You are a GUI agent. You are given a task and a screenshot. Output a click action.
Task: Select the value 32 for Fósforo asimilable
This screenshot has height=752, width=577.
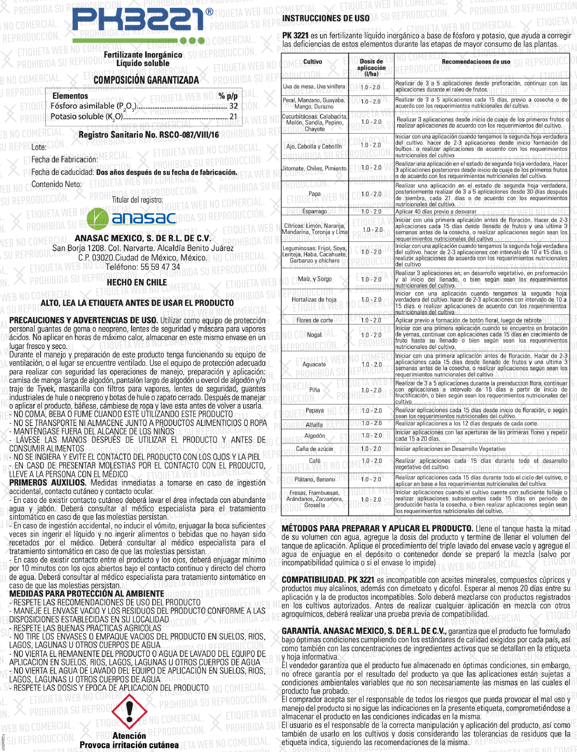(x=234, y=106)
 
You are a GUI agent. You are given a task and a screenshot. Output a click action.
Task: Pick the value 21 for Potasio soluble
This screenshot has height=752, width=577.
(x=234, y=117)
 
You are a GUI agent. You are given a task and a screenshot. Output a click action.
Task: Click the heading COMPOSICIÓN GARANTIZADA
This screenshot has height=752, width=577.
(x=146, y=80)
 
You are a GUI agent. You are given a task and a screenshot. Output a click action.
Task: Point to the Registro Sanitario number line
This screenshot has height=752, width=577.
(x=148, y=135)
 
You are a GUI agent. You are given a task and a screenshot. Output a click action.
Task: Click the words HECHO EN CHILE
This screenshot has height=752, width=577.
(x=137, y=283)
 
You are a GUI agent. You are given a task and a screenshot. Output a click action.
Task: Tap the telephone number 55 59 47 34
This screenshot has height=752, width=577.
(x=143, y=267)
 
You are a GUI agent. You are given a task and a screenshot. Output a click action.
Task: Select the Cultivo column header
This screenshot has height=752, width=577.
(x=312, y=62)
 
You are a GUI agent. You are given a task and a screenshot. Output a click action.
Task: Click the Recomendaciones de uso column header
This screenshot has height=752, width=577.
(x=476, y=62)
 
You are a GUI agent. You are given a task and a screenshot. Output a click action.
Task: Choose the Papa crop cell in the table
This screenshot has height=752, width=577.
(x=315, y=194)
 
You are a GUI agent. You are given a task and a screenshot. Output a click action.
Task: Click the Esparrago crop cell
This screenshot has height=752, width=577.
(x=315, y=211)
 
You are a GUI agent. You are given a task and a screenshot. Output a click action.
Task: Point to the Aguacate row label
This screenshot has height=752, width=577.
(x=314, y=365)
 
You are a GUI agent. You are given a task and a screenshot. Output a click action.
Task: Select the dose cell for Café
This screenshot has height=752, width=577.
(x=371, y=461)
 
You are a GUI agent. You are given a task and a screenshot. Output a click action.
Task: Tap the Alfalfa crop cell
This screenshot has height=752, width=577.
(x=314, y=425)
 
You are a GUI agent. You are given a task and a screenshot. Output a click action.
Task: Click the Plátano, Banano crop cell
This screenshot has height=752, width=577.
(x=315, y=479)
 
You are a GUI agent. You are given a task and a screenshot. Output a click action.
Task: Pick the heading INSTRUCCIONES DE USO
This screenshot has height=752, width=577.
(x=326, y=19)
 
